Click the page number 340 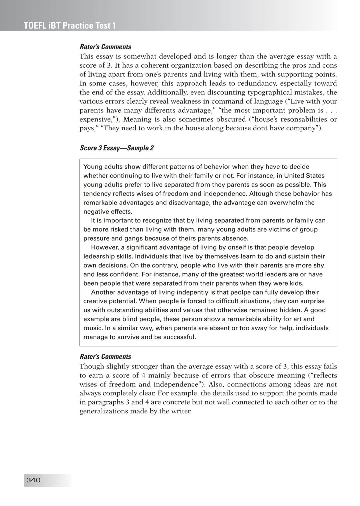point(33,480)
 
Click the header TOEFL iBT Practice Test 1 point(70,26)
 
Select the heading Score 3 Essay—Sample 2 point(117,148)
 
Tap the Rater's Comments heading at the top point(105,47)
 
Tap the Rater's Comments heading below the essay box point(105,356)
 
